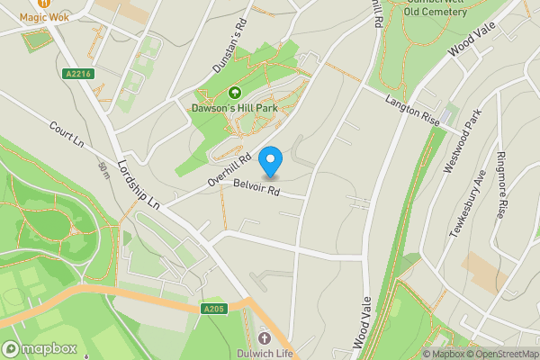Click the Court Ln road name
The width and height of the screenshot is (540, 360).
tap(66, 138)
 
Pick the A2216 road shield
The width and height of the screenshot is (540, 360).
tap(77, 74)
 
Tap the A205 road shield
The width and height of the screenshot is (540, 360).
tap(213, 309)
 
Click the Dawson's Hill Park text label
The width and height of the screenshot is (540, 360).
tap(234, 108)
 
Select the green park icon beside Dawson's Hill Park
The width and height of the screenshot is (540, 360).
tap(235, 92)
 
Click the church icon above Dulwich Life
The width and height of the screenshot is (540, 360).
tap(265, 338)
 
